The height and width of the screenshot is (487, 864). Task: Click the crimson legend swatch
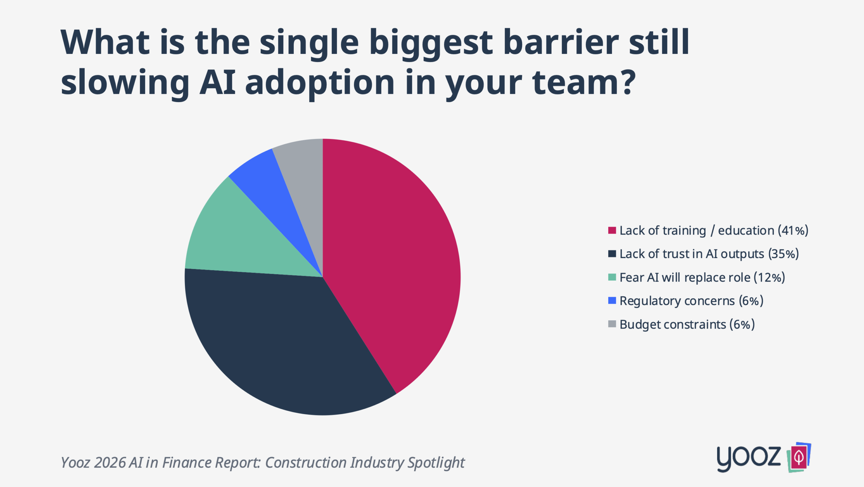(612, 230)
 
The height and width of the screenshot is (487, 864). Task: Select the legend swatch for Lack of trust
(612, 254)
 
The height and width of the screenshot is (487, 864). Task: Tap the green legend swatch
(612, 277)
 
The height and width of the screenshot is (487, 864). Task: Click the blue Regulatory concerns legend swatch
(612, 301)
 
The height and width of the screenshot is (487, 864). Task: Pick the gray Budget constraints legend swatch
(612, 324)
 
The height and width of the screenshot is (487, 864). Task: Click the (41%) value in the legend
(793, 230)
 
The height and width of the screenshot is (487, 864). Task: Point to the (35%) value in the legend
(783, 254)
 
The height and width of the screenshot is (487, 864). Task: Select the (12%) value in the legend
(769, 277)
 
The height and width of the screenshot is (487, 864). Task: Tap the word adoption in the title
(320, 83)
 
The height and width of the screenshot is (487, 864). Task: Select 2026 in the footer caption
(110, 463)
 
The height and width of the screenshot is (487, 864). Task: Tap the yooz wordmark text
(748, 457)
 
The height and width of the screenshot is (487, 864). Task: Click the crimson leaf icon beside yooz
(799, 457)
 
